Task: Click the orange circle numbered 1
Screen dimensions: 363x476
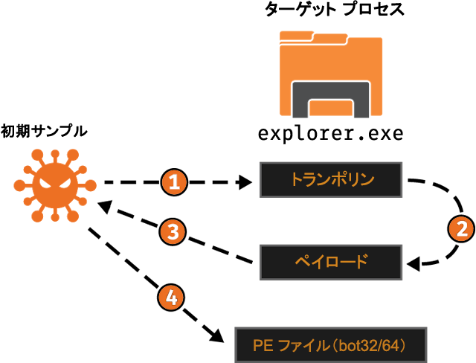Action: pos(173,182)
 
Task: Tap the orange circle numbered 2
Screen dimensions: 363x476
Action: pos(462,228)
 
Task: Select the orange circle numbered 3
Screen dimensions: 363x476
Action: pos(173,232)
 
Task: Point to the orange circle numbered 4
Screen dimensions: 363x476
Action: pos(171,298)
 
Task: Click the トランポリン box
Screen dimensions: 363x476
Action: pos(330,179)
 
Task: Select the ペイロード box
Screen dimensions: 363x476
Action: pos(330,262)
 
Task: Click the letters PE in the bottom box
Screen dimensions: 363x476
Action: pos(261,346)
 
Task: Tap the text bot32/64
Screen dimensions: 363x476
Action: pos(376,346)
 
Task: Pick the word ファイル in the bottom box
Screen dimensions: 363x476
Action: pos(300,346)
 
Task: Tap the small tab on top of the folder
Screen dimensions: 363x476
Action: pos(297,35)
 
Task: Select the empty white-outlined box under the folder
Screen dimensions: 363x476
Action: pos(330,135)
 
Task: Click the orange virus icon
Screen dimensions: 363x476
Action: pos(54,184)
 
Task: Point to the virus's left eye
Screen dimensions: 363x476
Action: pos(46,179)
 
